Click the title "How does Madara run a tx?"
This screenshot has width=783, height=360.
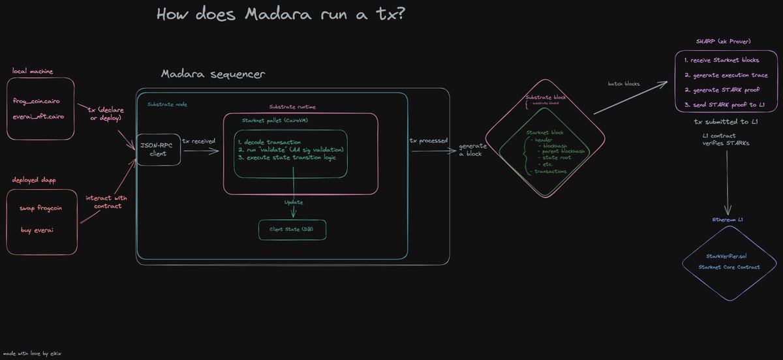pos(281,14)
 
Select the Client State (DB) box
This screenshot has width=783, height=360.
pos(292,230)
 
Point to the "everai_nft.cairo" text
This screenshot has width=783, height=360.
pos(43,117)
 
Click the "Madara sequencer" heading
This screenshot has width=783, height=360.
pos(213,74)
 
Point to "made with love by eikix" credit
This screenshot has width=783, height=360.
pos(32,352)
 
